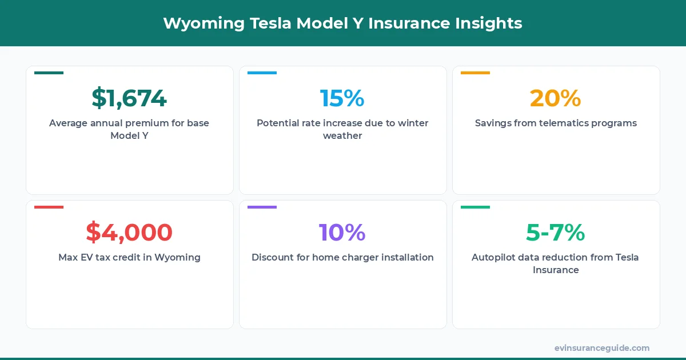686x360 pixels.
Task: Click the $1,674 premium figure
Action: (129, 98)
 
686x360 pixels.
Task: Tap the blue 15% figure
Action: (342, 98)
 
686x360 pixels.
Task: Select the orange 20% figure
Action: (555, 98)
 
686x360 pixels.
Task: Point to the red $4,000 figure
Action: (129, 233)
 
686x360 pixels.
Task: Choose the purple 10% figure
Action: (342, 233)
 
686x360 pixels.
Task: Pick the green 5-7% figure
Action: (555, 233)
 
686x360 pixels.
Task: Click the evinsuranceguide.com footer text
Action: (601, 348)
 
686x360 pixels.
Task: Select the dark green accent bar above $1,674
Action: (49, 73)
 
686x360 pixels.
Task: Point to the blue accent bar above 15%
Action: (262, 73)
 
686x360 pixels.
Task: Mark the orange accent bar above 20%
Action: (475, 73)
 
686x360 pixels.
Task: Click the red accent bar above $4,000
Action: (49, 207)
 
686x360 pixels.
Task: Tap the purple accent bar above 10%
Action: (262, 207)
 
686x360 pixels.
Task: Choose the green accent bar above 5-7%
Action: (475, 207)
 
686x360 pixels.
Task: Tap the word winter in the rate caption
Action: (412, 123)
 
